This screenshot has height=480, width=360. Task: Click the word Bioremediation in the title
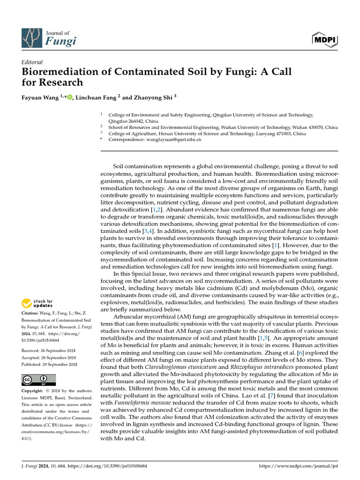[55, 72]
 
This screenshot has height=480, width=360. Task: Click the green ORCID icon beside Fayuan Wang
[70, 97]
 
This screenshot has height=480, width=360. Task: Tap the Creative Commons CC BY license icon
[39, 379]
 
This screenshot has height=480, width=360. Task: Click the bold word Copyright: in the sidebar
[35, 391]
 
